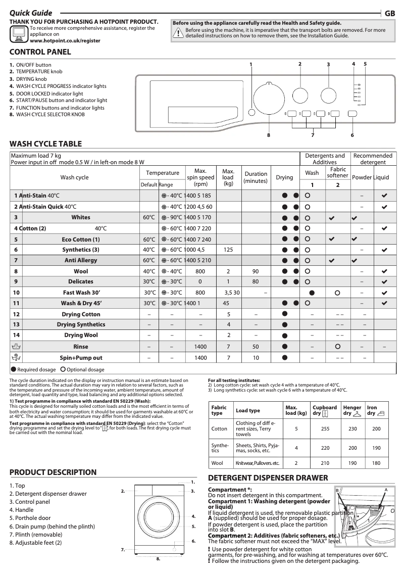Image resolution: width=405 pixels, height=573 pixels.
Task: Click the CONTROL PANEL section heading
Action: coord(40,52)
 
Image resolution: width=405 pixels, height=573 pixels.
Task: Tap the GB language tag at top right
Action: coord(390,14)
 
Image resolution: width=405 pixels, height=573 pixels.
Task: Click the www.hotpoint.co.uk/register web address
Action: coord(65,40)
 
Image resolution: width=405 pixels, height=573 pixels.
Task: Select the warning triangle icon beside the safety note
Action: coord(178,33)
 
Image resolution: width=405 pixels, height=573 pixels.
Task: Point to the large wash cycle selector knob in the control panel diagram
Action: coord(269,98)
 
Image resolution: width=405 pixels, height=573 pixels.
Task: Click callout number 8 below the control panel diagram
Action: coord(269,135)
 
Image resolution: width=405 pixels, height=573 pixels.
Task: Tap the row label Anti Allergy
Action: coord(77,260)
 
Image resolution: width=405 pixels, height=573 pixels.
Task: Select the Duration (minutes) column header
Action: coord(256,177)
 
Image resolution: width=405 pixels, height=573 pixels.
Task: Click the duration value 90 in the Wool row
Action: coord(256,271)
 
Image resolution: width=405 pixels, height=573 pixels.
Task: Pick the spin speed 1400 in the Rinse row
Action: coord(200,347)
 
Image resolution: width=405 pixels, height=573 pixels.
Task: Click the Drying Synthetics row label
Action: coord(81,324)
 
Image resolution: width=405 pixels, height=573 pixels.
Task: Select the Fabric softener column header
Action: coord(337,173)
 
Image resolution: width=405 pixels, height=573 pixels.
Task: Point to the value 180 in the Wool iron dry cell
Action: coord(376,463)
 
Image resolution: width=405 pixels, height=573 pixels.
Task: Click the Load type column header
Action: coord(248,411)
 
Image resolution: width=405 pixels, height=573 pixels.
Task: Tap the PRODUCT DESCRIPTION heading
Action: coord(53,472)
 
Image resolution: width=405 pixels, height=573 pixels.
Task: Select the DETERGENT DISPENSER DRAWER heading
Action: coord(268,478)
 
